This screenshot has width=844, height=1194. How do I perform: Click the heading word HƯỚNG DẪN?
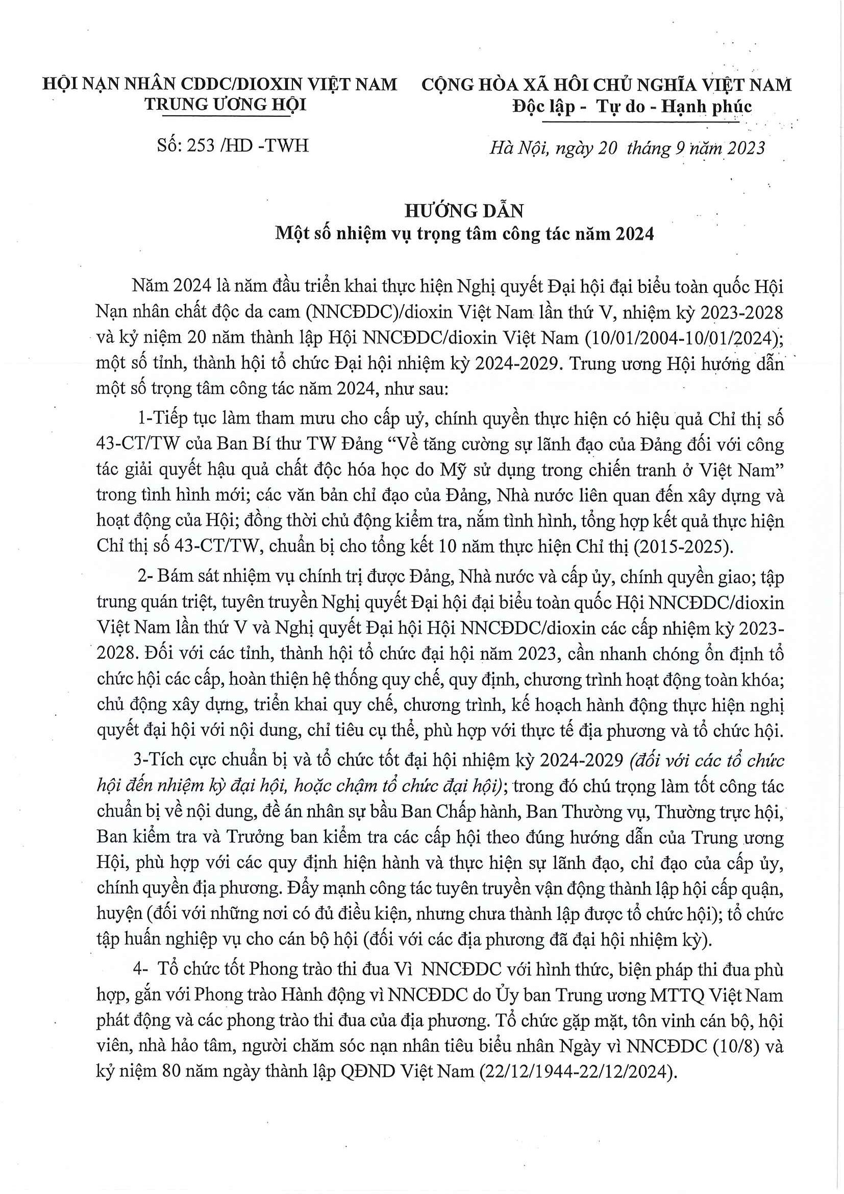pos(464,211)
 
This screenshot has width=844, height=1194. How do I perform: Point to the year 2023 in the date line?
pos(746,148)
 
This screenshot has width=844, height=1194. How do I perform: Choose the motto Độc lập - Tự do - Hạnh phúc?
pos(631,107)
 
